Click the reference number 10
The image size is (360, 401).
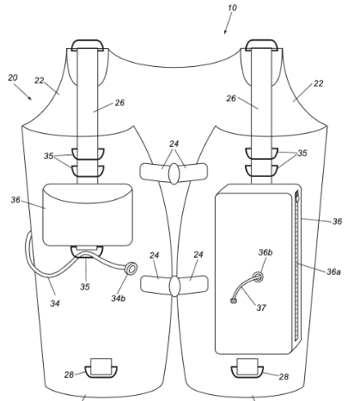click(x=232, y=8)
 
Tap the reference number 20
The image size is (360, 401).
click(x=13, y=77)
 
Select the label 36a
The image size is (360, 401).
click(x=333, y=271)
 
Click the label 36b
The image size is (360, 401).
click(x=265, y=252)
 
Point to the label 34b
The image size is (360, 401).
click(x=119, y=298)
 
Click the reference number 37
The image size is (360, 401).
click(x=261, y=307)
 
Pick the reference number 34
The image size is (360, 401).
click(x=55, y=303)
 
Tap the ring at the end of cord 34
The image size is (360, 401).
click(x=131, y=269)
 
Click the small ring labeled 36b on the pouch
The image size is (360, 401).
click(x=258, y=276)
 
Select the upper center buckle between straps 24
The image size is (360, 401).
click(x=174, y=173)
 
